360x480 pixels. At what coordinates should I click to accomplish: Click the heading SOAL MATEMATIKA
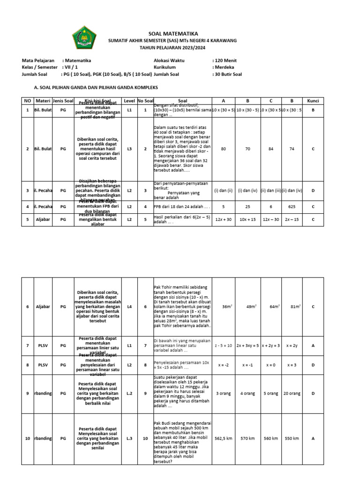tap(173, 34)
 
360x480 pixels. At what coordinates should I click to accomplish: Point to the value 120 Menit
tap(227, 60)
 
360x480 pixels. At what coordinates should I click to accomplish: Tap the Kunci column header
tap(313, 101)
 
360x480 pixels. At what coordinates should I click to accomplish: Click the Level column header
tap(129, 101)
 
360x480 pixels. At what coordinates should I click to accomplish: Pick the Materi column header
tap(43, 101)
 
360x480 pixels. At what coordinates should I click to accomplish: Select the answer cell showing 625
tap(292, 206)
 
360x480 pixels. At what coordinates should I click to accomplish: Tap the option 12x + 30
tap(223, 219)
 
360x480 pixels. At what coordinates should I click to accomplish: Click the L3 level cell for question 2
tap(129, 149)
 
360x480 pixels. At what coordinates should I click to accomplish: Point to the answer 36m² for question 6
tap(227, 307)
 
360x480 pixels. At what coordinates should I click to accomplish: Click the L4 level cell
tap(129, 307)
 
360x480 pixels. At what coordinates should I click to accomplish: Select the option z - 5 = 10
tap(223, 345)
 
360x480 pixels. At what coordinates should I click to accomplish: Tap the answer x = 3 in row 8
tap(292, 364)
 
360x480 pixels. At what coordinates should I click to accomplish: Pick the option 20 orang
tap(292, 393)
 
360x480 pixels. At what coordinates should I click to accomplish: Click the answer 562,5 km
tap(223, 438)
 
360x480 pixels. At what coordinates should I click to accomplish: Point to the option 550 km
tap(292, 438)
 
